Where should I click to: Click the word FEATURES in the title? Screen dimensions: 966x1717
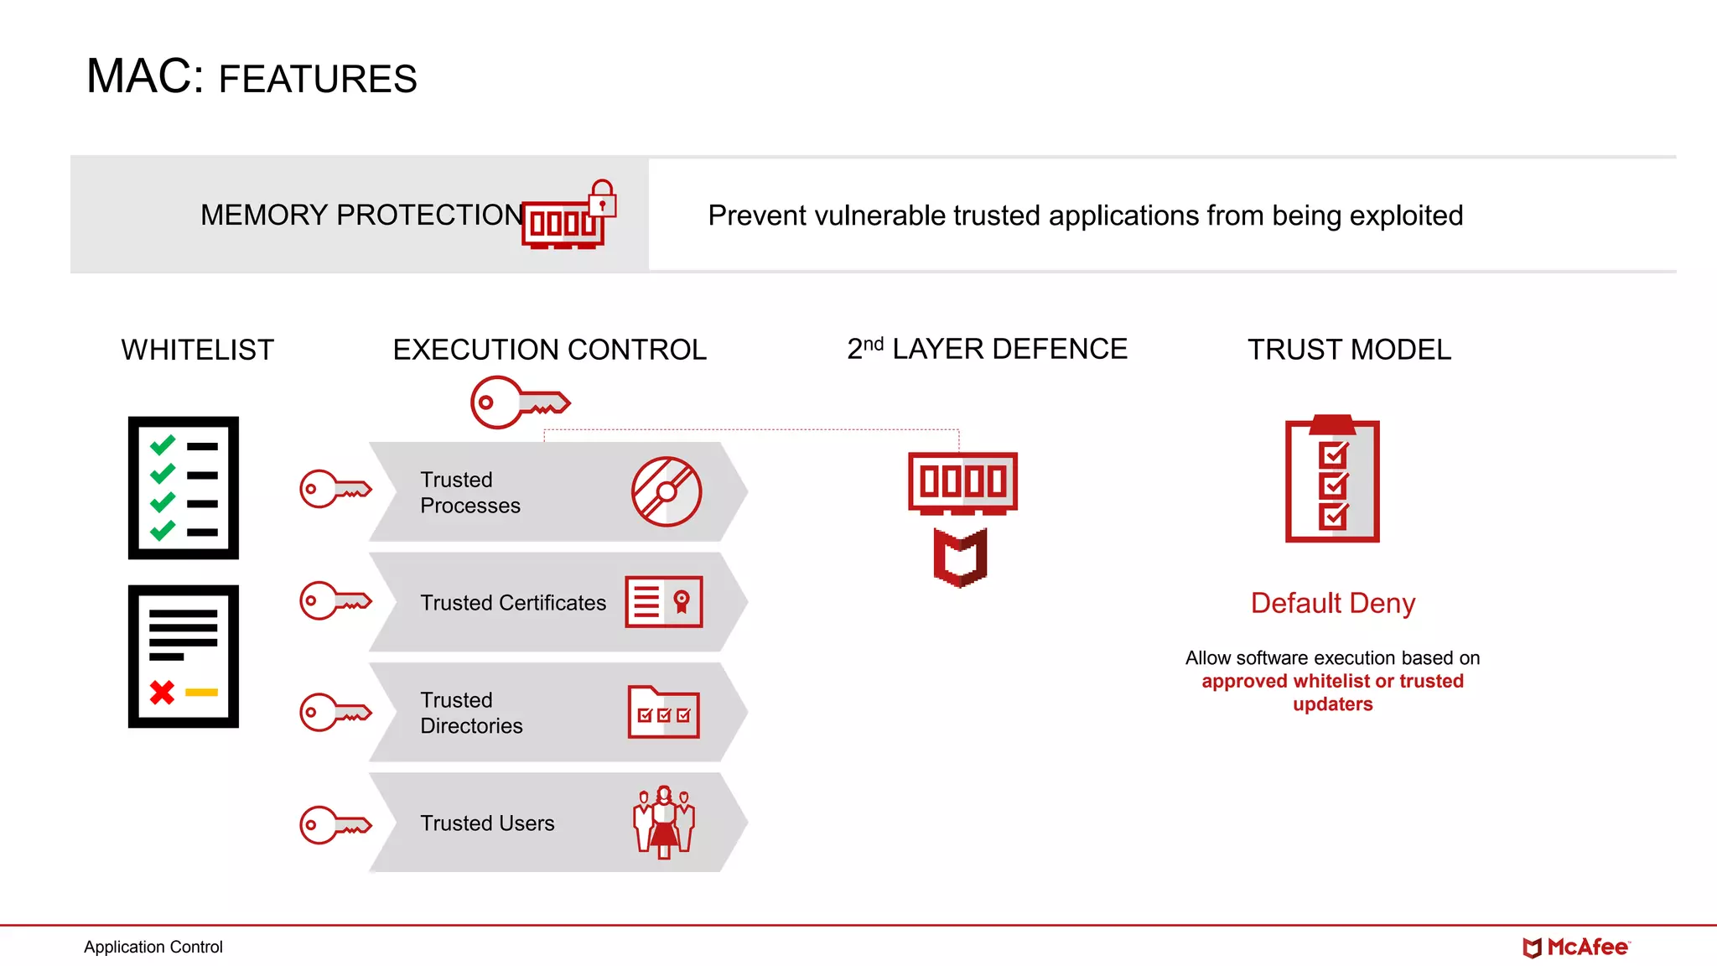317,80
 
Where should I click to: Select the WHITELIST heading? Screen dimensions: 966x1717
197,350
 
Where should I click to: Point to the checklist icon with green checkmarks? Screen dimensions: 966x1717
183,487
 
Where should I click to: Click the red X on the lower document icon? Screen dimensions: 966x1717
162,692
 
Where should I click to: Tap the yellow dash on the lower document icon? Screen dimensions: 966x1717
201,693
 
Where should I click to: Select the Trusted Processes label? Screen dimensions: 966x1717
469,492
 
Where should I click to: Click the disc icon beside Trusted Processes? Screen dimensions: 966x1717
667,491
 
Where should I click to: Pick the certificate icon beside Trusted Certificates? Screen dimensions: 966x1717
663,601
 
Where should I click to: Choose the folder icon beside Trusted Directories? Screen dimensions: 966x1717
663,713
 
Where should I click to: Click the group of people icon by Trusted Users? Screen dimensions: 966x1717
663,822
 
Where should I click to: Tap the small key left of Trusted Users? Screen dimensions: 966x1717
335,825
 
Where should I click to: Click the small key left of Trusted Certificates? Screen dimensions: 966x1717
335,600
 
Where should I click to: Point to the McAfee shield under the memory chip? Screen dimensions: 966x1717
961,557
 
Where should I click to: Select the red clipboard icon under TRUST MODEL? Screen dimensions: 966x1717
1332,480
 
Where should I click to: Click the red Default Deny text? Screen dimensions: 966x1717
1332,603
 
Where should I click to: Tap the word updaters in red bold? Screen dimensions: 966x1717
1332,704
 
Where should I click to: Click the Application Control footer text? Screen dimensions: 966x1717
153,947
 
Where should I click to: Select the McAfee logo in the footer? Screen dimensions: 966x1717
1575,948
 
